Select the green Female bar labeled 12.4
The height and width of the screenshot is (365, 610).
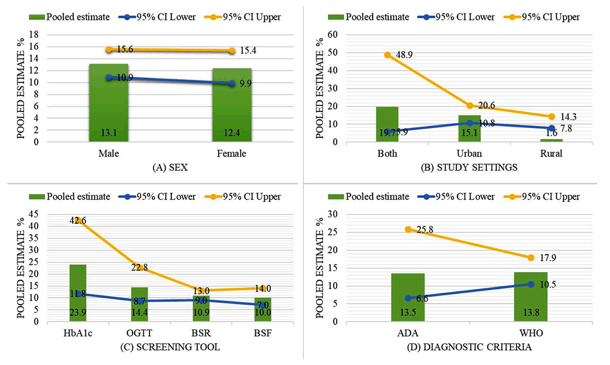(232, 105)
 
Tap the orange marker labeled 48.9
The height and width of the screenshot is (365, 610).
(387, 55)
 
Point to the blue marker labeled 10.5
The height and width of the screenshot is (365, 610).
(531, 284)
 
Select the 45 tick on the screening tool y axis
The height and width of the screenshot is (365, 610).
(33, 215)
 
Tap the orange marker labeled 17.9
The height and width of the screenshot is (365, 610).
(531, 258)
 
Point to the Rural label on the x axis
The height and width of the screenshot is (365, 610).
(552, 154)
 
